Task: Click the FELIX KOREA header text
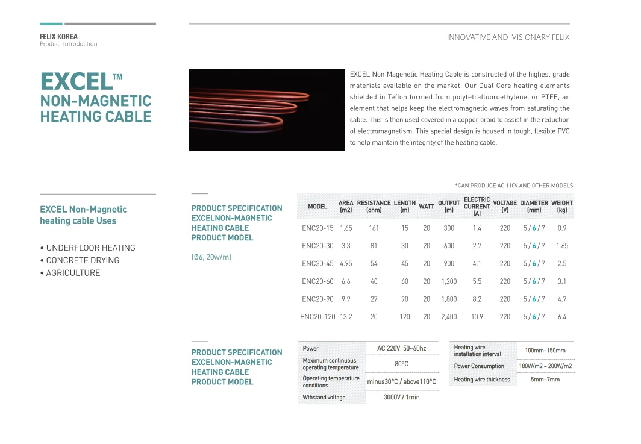pyautogui.click(x=58, y=37)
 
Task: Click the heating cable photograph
pyautogui.click(x=267, y=110)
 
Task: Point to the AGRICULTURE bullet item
pyautogui.click(x=73, y=273)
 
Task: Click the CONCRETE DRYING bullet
pyautogui.click(x=83, y=260)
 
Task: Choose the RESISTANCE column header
pyautogui.click(x=374, y=207)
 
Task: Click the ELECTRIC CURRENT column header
pyautogui.click(x=477, y=207)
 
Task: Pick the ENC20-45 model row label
pyautogui.click(x=317, y=263)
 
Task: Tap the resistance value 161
pyautogui.click(x=374, y=228)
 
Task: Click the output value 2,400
pyautogui.click(x=449, y=317)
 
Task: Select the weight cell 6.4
pyautogui.click(x=561, y=317)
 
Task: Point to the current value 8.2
pyautogui.click(x=477, y=299)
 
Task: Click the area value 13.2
pyautogui.click(x=346, y=317)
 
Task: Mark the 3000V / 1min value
pyautogui.click(x=401, y=398)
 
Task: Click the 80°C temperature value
pyautogui.click(x=401, y=364)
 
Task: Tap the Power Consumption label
pyautogui.click(x=479, y=366)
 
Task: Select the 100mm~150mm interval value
pyautogui.click(x=545, y=351)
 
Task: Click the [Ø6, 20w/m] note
pyautogui.click(x=211, y=257)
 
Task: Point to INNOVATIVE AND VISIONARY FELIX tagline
pyautogui.click(x=508, y=37)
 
